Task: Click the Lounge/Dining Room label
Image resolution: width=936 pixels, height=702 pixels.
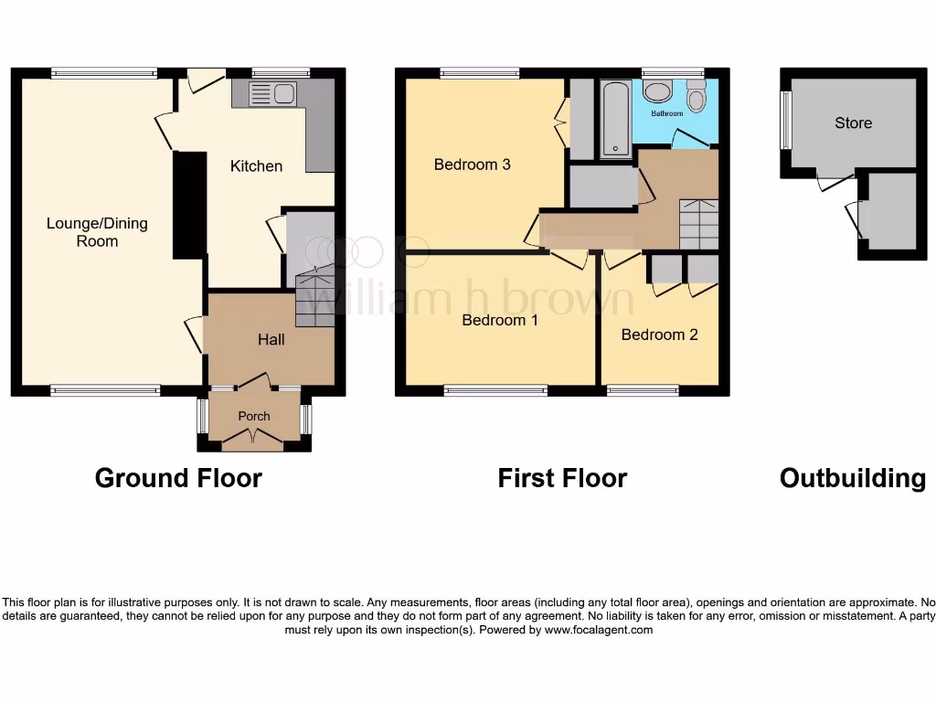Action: click(97, 232)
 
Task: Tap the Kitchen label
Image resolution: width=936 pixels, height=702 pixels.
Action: click(256, 165)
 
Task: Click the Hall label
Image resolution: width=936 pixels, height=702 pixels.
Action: click(271, 339)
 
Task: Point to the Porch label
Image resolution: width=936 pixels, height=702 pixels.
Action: click(254, 416)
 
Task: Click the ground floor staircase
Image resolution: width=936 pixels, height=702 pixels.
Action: click(315, 297)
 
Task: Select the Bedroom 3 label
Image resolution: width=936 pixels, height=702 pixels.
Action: click(472, 165)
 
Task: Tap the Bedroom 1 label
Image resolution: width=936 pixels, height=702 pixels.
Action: click(500, 320)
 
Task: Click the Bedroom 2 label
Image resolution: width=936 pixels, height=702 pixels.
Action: click(659, 335)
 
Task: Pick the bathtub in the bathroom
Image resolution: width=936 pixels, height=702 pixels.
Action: click(615, 119)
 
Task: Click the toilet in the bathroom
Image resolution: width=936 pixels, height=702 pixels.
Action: click(697, 97)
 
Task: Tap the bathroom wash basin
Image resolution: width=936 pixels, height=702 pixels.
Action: click(656, 91)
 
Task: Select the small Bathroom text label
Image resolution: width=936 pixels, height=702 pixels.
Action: click(666, 114)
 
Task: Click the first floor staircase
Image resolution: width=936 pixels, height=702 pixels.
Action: click(698, 224)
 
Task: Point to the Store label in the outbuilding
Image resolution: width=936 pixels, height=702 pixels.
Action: click(853, 122)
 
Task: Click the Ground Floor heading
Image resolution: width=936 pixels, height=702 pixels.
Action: click(178, 478)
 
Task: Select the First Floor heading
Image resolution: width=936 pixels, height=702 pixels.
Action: click(562, 478)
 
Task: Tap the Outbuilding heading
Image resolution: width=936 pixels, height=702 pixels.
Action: click(852, 478)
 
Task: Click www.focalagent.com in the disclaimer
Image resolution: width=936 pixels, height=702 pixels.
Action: click(599, 630)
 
